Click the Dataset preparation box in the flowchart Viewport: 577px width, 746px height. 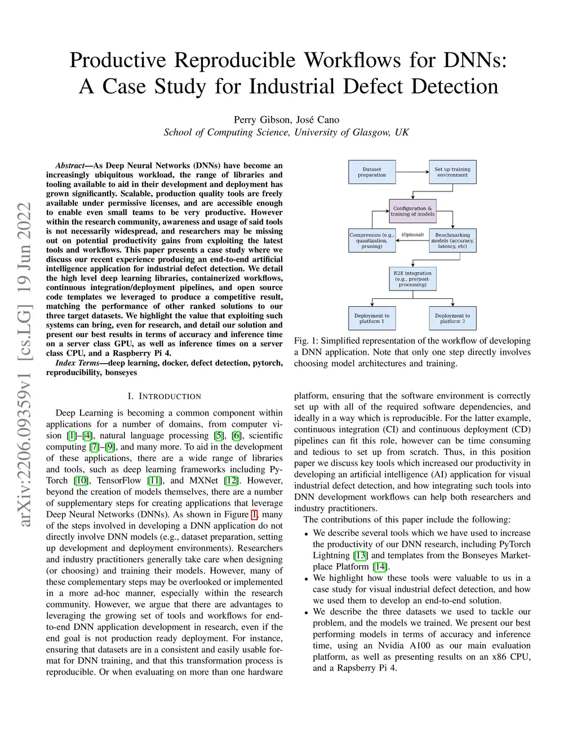[372, 172]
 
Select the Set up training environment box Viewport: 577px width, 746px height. [452, 172]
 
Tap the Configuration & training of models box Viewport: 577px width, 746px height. [412, 211]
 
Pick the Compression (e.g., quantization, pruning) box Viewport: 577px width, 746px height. [372, 240]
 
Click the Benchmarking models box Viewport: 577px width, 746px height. [452, 240]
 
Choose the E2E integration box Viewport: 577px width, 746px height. [412, 279]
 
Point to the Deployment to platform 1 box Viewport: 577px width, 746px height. [372, 318]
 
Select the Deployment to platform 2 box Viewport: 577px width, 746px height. [452, 318]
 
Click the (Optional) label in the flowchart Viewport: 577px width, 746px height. [412, 235]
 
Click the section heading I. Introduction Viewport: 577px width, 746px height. [164, 396]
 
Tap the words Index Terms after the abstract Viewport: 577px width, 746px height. [77, 363]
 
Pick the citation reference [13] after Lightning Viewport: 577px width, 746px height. [361, 556]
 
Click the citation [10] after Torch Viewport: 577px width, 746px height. [81, 481]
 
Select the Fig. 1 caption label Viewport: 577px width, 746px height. [305, 341]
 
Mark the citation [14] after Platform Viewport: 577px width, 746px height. [380, 567]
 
